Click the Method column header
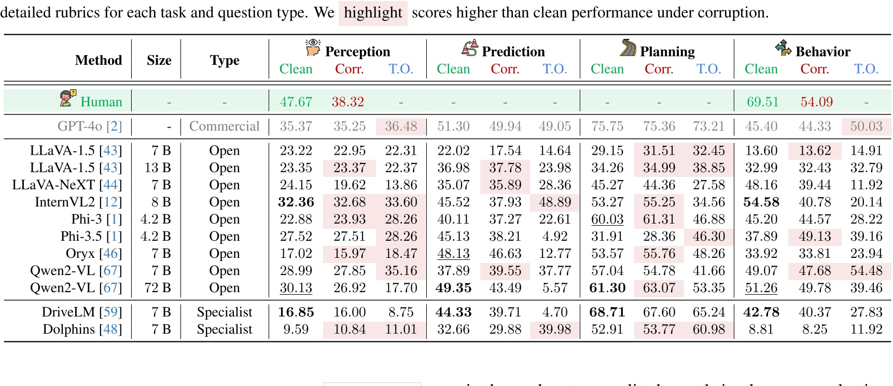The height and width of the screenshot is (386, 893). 99,60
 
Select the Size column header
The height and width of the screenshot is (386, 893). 159,60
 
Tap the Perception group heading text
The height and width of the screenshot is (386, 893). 357,51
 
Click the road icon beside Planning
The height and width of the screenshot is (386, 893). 628,48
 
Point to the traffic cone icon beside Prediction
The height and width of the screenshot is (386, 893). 470,48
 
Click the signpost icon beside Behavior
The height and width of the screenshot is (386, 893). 783,48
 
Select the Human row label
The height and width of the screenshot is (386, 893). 101,102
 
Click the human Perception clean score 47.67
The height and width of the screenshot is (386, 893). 296,102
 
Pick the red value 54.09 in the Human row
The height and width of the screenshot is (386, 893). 816,102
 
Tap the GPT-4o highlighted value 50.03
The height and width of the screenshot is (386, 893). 866,126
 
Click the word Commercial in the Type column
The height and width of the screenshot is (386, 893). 224,126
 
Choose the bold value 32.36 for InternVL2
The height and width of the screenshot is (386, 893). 296,202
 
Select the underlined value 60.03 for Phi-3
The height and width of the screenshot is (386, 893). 607,219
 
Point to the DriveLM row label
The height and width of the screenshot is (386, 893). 82,312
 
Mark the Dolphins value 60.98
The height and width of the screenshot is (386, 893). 708,329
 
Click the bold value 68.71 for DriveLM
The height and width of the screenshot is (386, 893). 607,312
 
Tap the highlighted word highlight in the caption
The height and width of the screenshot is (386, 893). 373,12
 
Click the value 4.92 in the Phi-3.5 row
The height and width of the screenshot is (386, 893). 555,236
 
